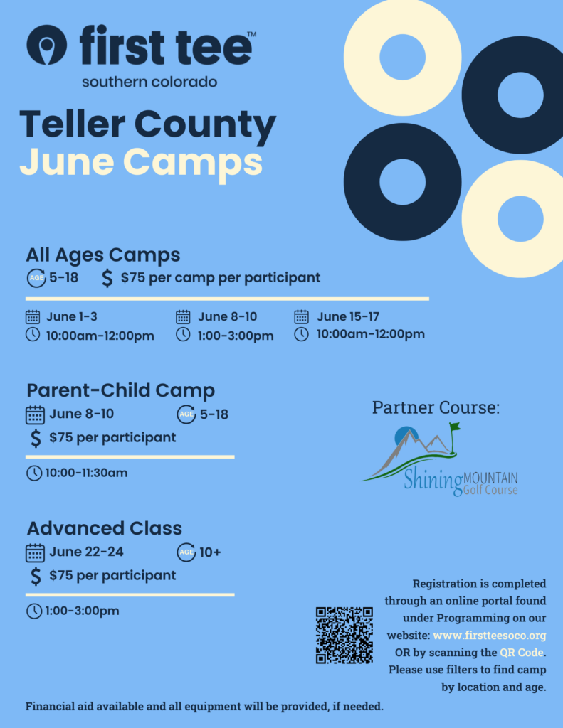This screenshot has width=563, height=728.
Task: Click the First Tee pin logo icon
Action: tap(46, 45)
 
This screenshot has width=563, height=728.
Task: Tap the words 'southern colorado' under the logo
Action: tap(149, 82)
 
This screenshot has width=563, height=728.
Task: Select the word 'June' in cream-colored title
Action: tap(67, 161)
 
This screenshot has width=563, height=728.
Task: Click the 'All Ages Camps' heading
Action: tap(102, 255)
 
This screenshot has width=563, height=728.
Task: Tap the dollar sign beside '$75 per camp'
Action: tap(107, 278)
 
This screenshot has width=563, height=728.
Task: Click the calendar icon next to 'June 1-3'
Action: tap(33, 316)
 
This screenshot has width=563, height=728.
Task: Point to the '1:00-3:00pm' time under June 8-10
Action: tap(236, 336)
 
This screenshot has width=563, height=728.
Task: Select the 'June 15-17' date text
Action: tap(348, 316)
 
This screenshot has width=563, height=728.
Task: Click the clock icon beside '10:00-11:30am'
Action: tap(34, 473)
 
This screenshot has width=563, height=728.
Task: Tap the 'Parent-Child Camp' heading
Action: tap(121, 390)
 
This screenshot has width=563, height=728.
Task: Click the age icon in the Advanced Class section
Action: tap(186, 552)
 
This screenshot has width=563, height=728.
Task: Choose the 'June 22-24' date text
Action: tap(86, 552)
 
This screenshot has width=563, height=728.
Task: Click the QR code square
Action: tap(344, 635)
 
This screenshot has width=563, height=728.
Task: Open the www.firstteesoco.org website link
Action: tap(490, 635)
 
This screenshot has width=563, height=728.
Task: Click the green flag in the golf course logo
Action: tap(455, 427)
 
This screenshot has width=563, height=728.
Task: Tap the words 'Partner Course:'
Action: tap(436, 407)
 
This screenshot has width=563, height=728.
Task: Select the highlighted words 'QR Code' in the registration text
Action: tap(522, 653)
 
